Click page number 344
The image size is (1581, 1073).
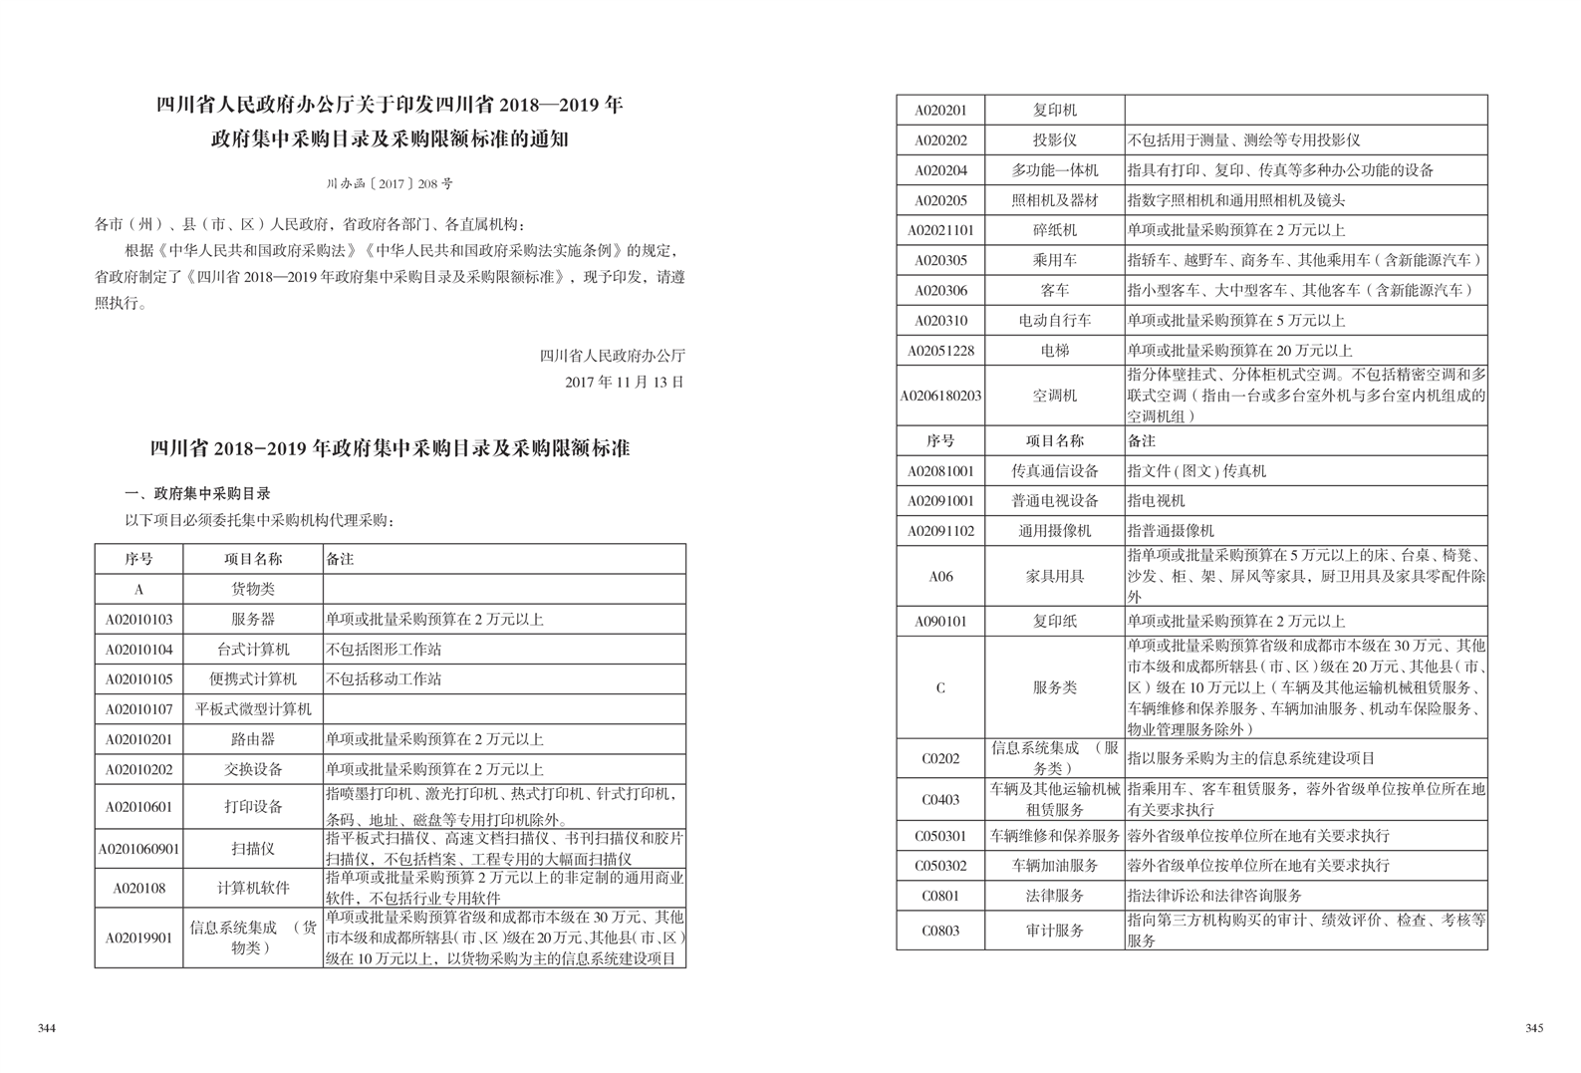pyautogui.click(x=46, y=1028)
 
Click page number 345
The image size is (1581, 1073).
pyautogui.click(x=1533, y=1028)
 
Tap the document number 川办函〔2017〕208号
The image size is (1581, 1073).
pyautogui.click(x=390, y=183)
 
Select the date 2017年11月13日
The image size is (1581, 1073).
pyautogui.click(x=625, y=382)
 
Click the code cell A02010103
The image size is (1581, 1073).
pyautogui.click(x=138, y=620)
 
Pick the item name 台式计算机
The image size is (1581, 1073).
pyautogui.click(x=253, y=650)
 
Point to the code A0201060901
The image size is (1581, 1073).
pyautogui.click(x=138, y=849)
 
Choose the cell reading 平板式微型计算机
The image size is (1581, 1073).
pyautogui.click(x=253, y=709)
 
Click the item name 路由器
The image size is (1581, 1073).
pyautogui.click(x=253, y=739)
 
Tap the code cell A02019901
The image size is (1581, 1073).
pyautogui.click(x=138, y=938)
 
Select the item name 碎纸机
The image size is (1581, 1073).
pyautogui.click(x=1054, y=230)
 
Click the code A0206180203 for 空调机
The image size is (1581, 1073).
pyautogui.click(x=940, y=396)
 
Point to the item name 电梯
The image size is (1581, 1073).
pyautogui.click(x=1054, y=351)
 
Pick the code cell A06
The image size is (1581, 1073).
pyautogui.click(x=940, y=576)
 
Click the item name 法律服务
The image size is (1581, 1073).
pyautogui.click(x=1054, y=896)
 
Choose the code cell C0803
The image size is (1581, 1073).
pyautogui.click(x=940, y=931)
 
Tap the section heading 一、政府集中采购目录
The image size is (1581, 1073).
pyautogui.click(x=197, y=493)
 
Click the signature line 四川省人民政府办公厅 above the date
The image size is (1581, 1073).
pyautogui.click(x=612, y=356)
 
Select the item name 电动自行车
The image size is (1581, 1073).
pyautogui.click(x=1054, y=321)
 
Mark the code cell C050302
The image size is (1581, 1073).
pyautogui.click(x=940, y=866)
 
